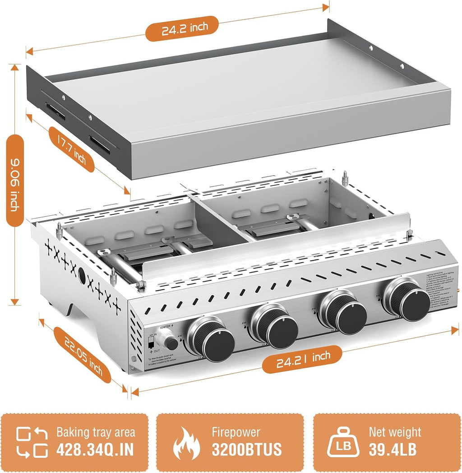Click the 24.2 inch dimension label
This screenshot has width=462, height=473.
[182, 28]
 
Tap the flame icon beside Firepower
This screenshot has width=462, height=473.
[186, 443]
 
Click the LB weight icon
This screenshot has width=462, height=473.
[345, 443]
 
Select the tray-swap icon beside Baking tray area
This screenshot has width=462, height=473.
[32, 443]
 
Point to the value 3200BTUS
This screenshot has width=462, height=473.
[246, 450]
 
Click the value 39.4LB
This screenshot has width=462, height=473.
[393, 450]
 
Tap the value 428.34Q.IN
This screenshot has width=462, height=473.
[96, 450]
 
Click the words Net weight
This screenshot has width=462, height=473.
[395, 432]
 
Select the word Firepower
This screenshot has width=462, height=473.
[236, 432]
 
